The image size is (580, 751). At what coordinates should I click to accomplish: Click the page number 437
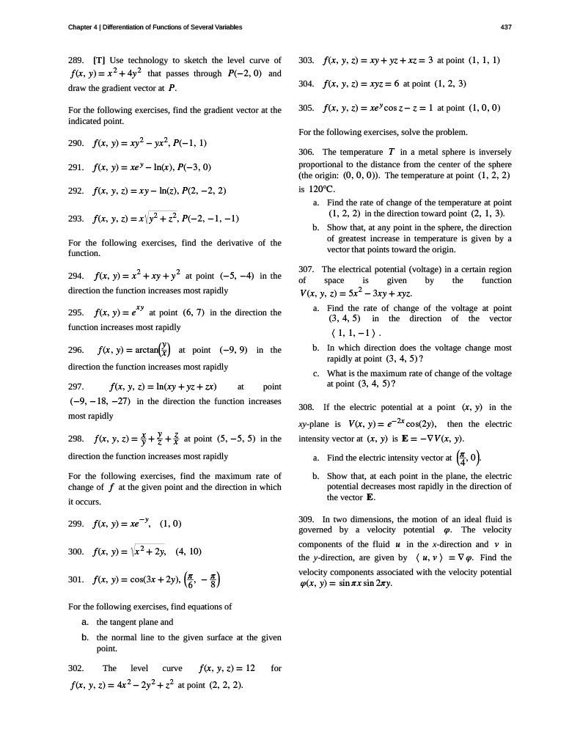pos(505,27)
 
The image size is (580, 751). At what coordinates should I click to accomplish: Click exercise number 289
pos(76,59)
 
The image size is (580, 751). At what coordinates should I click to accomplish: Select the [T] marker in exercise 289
pos(99,59)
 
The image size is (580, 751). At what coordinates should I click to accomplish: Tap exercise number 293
pos(76,219)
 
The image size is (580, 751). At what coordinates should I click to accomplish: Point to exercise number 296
pos(76,351)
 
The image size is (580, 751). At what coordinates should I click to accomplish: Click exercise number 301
pos(76,580)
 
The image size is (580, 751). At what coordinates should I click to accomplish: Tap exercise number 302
pos(76,668)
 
